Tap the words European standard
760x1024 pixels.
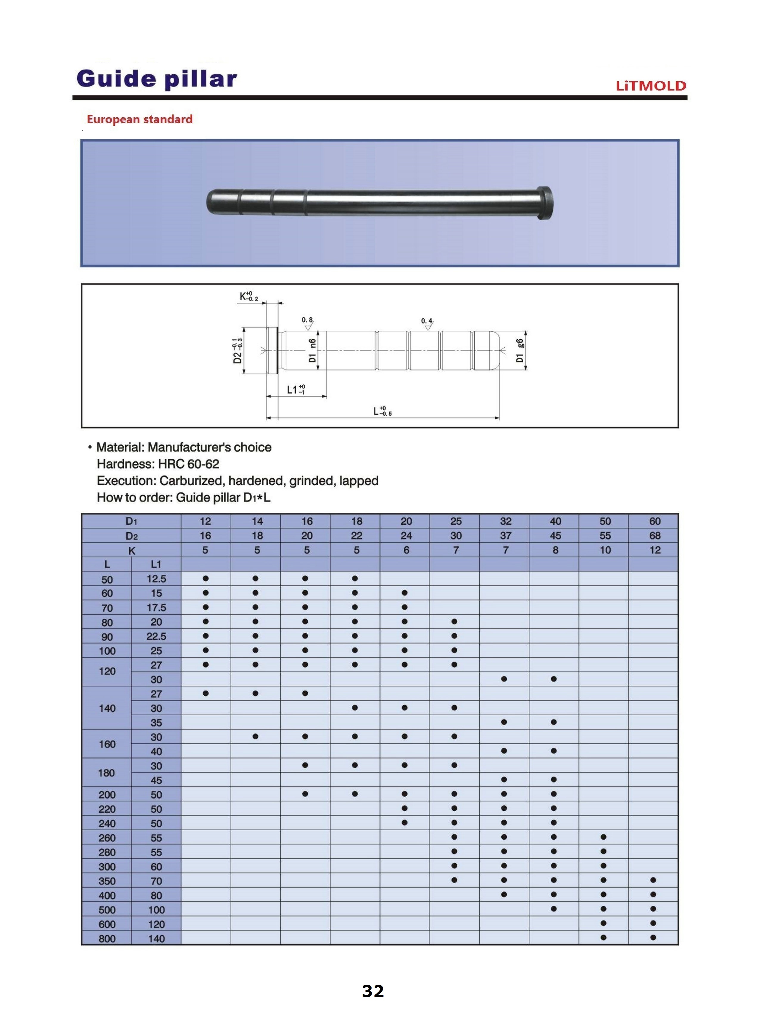(x=139, y=119)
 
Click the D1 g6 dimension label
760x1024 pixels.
(x=520, y=351)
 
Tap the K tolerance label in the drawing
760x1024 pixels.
(x=249, y=297)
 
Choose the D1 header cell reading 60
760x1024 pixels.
(x=654, y=521)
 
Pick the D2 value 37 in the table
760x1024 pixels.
(x=505, y=535)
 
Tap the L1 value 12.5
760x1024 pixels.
(x=156, y=579)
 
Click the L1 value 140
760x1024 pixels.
(x=156, y=938)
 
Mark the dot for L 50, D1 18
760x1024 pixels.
(x=355, y=578)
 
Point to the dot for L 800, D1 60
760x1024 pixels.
(x=653, y=938)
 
